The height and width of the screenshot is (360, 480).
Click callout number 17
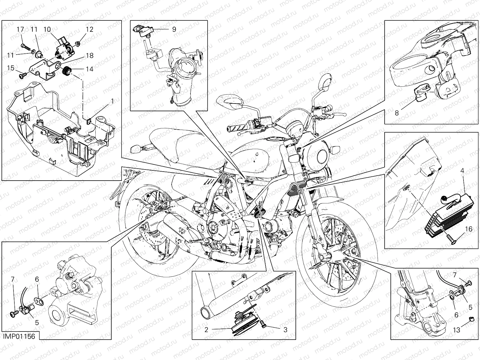[20, 29]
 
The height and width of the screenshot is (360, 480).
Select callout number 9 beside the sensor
[174, 29]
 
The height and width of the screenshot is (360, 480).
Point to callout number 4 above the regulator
[462, 171]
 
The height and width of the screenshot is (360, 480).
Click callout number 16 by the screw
[469, 229]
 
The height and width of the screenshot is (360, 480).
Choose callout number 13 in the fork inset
[456, 330]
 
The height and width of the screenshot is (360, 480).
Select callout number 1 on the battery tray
[112, 101]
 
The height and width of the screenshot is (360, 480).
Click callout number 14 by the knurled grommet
[89, 69]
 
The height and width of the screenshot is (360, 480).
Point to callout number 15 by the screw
[11, 68]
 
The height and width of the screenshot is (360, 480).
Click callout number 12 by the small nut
[90, 29]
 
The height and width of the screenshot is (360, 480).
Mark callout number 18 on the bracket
[89, 55]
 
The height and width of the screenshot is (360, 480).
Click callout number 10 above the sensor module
[47, 29]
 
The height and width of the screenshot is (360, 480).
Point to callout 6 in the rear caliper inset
[37, 279]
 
